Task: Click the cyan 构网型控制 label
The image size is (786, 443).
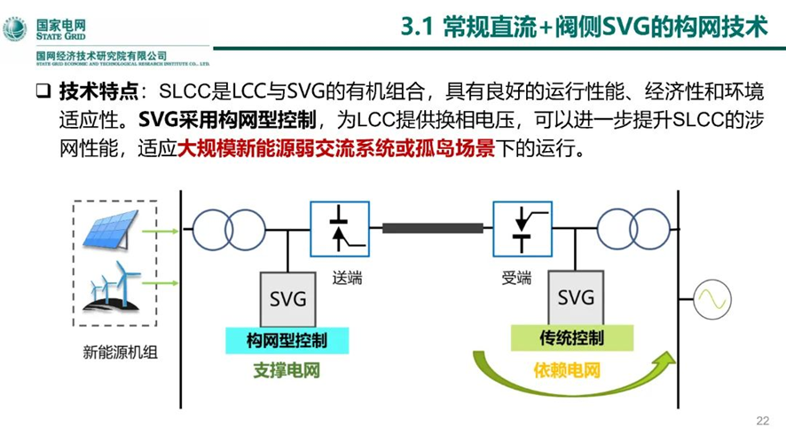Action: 287,339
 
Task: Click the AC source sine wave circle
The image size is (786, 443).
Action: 713,301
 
